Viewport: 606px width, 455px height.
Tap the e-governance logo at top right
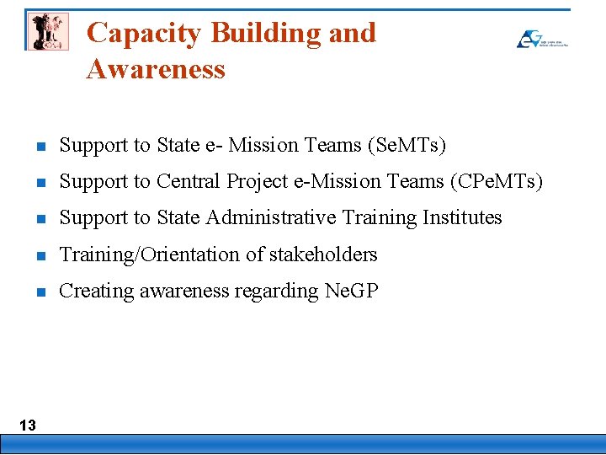coord(541,39)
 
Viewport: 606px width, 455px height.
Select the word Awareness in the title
coord(156,69)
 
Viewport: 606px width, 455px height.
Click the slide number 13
coord(28,425)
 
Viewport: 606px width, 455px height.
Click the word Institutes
coord(460,217)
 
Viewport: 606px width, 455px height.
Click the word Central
coord(192,181)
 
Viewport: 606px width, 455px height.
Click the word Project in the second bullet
coord(258,182)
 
